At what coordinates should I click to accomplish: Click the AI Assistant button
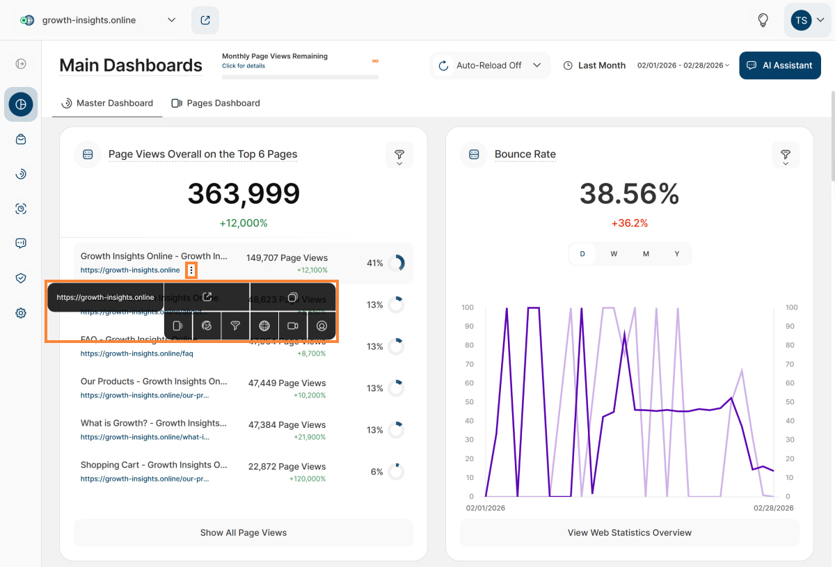(779, 65)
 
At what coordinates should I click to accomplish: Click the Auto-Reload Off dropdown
(490, 65)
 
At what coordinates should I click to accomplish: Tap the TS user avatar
(802, 20)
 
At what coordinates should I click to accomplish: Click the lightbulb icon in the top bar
(763, 20)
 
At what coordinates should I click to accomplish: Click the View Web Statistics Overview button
(629, 533)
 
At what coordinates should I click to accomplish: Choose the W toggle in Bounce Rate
(614, 254)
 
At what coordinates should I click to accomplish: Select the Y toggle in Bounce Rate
(676, 254)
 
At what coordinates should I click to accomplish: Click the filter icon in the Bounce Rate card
(785, 154)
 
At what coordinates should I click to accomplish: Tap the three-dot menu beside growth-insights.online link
(191, 270)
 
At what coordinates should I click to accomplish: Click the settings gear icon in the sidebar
(21, 313)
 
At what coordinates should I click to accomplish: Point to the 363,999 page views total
(244, 194)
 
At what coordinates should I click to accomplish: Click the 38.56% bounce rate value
(629, 194)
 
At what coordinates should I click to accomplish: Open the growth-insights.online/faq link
(136, 353)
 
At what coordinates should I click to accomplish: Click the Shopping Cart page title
(154, 465)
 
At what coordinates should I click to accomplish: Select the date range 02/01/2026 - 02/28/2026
(683, 65)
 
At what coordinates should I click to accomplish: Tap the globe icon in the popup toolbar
(264, 326)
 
